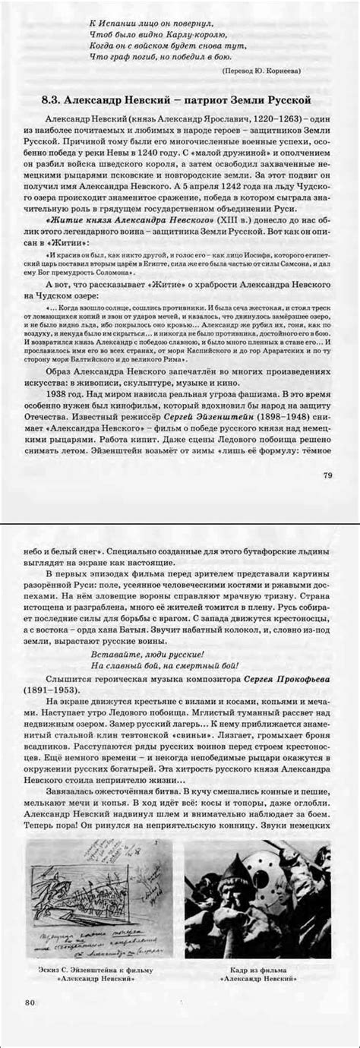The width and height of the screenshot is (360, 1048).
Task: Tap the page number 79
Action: pyautogui.click(x=329, y=475)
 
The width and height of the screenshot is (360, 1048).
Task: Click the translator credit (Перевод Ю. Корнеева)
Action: pyautogui.click(x=261, y=71)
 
